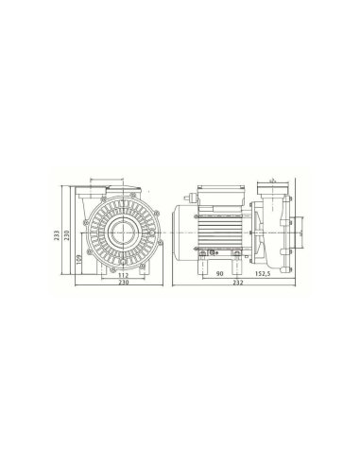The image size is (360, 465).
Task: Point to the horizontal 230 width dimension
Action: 122,284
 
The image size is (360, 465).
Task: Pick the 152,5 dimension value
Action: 263,275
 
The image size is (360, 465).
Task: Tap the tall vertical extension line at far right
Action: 309,227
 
